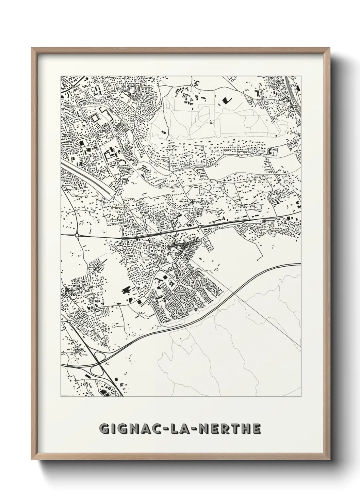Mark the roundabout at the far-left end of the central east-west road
[77, 235]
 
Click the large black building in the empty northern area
[225, 100]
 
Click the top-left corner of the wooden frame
[32, 48]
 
